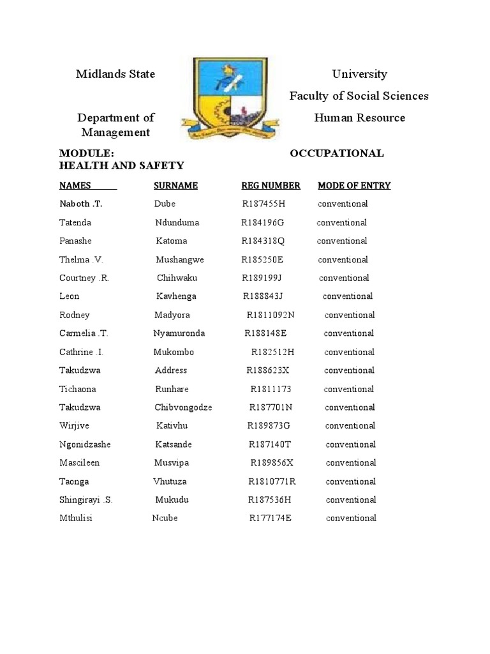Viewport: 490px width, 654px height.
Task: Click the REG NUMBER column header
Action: tap(271, 186)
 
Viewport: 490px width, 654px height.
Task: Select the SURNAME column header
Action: tap(175, 186)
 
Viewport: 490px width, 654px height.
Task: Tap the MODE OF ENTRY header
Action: tap(354, 186)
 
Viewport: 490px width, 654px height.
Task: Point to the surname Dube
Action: tap(165, 204)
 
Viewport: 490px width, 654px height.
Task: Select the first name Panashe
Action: tap(75, 241)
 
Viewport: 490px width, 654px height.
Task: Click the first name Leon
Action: tap(69, 296)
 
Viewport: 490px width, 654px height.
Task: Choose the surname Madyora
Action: tap(172, 315)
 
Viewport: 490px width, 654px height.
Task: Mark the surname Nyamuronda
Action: tap(179, 333)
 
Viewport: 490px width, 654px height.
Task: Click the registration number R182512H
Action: tap(272, 352)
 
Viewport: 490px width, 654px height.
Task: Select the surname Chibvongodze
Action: tap(183, 407)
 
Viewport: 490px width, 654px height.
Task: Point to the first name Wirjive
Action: tap(73, 426)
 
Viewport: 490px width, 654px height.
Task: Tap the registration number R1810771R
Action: tap(272, 482)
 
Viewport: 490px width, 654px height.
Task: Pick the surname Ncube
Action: tap(165, 518)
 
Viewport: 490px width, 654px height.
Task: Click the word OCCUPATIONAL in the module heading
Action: tap(337, 154)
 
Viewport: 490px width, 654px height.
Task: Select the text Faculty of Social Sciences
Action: tap(359, 96)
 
